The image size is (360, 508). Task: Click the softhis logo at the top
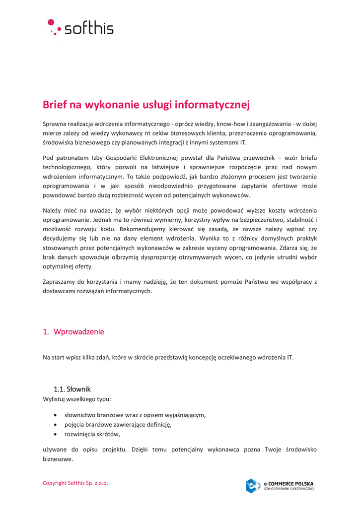[81, 28]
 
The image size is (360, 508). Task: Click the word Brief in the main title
[55, 105]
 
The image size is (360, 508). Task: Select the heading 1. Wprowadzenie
[73, 332]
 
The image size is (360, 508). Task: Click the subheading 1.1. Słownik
[72, 389]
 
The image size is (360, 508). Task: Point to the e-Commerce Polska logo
[280, 486]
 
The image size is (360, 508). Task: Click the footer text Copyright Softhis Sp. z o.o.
[75, 483]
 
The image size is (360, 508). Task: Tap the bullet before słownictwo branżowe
[55, 415]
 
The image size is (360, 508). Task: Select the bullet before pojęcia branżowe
[55, 425]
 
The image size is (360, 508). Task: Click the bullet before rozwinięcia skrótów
[55, 434]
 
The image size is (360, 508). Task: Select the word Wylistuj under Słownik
[54, 399]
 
